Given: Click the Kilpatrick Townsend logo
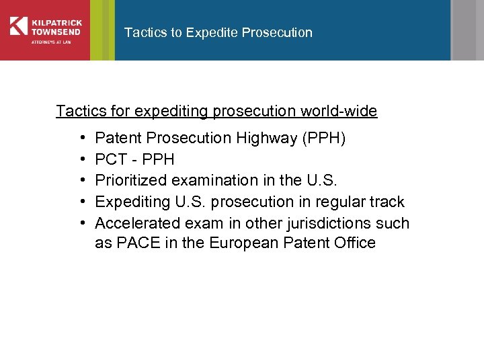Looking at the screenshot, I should point(45,30).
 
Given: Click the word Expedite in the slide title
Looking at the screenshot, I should point(211,32).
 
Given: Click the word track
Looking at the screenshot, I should point(386,202).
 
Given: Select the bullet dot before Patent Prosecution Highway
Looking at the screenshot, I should point(80,138).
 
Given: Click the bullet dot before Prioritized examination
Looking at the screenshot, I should point(80,181).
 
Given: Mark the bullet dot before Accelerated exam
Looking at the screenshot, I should point(80,223).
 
